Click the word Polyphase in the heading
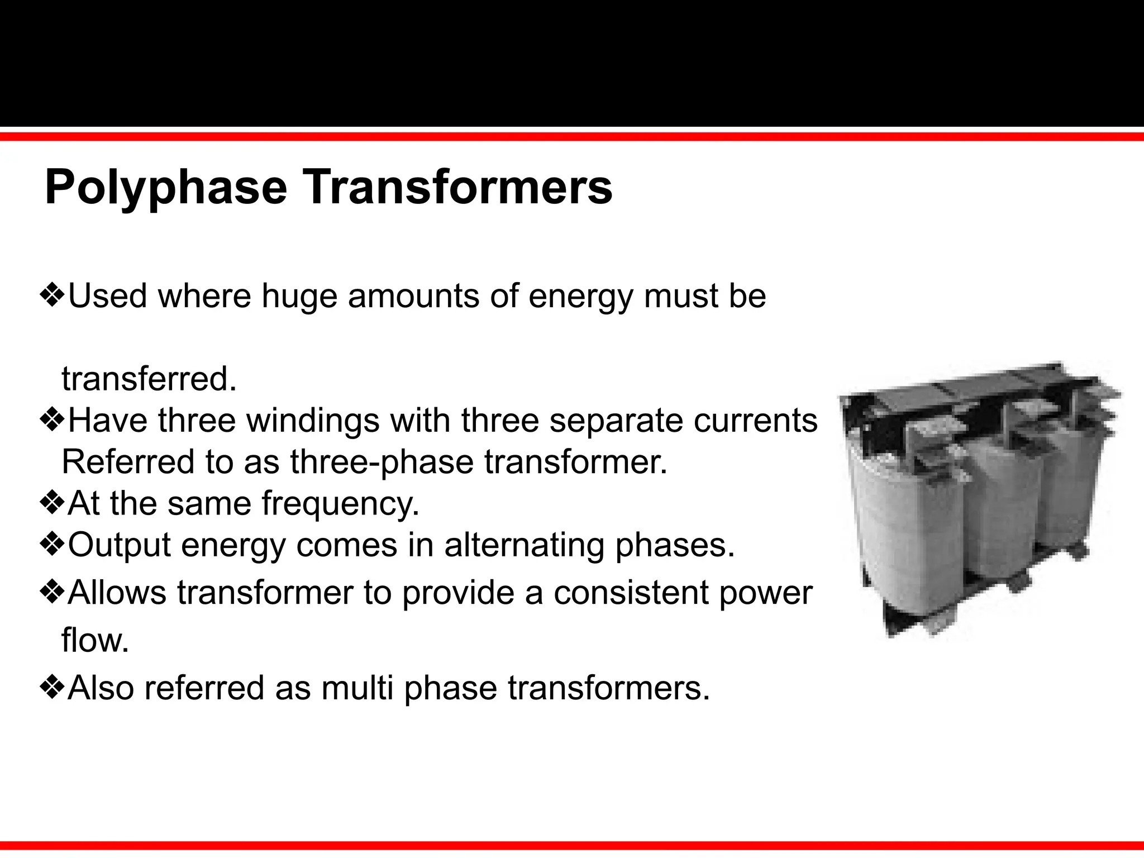point(165,188)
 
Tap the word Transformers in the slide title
point(457,187)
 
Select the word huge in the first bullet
point(299,296)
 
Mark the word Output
point(119,546)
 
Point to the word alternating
point(524,546)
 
